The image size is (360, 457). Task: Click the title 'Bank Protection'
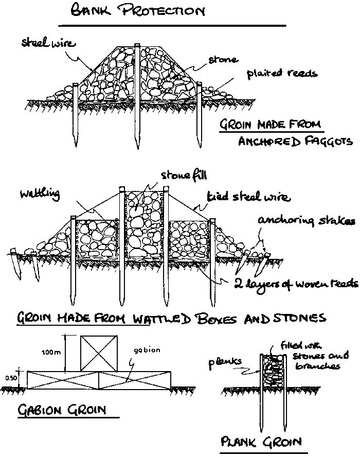click(137, 11)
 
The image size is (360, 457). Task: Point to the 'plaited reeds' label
click(282, 73)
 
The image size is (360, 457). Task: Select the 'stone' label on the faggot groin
click(223, 60)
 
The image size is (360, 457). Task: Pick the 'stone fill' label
click(184, 176)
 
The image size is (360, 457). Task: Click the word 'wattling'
click(40, 194)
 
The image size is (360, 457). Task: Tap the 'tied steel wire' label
click(248, 197)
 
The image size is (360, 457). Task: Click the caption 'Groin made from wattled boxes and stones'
click(171, 318)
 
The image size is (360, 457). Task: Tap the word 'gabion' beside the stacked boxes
click(147, 350)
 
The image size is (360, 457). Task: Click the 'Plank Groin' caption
click(261, 442)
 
